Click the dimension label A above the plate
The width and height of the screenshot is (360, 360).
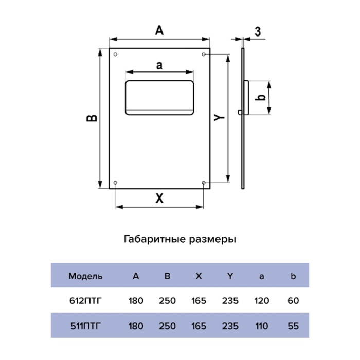click(x=159, y=30)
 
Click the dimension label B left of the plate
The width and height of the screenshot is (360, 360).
click(x=92, y=118)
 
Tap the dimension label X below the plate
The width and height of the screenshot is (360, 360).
click(x=159, y=199)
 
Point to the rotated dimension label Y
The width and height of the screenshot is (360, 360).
click(x=219, y=117)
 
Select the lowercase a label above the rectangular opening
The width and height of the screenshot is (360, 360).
click(x=159, y=66)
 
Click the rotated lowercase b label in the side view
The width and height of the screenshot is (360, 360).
click(x=260, y=98)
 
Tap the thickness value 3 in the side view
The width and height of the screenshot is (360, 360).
click(x=258, y=31)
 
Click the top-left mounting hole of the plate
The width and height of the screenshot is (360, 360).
click(x=116, y=55)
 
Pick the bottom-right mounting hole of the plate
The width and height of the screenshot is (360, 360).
click(x=204, y=183)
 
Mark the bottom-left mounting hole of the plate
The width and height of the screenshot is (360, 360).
click(x=116, y=183)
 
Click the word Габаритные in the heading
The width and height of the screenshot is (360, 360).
click(x=155, y=239)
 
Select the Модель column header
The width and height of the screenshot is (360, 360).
click(x=85, y=276)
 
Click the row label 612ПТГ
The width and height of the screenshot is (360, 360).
click(x=85, y=301)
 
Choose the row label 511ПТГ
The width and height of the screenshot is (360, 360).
click(x=85, y=326)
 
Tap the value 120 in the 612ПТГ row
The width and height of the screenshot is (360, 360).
click(x=262, y=301)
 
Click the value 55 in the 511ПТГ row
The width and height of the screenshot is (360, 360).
click(x=293, y=326)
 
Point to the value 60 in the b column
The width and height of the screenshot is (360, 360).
click(x=293, y=301)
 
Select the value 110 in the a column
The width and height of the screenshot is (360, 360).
click(x=262, y=326)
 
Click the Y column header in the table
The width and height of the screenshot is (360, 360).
click(x=230, y=276)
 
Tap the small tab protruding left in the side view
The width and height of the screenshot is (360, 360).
click(x=240, y=112)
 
